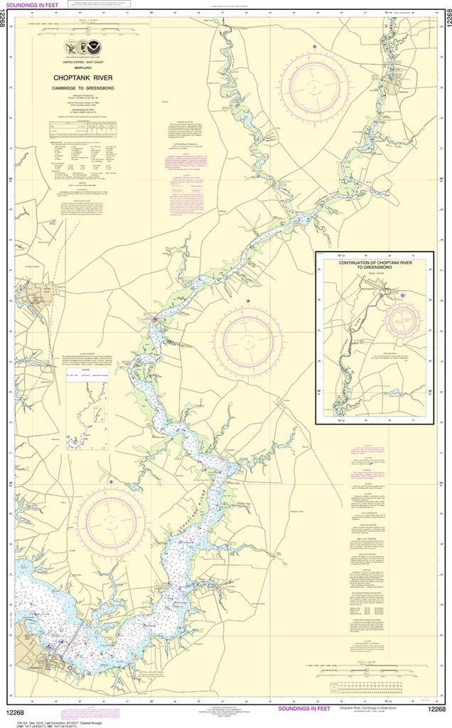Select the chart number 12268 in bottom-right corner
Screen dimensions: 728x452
tap(436, 709)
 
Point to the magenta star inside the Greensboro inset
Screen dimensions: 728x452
tap(403, 295)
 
